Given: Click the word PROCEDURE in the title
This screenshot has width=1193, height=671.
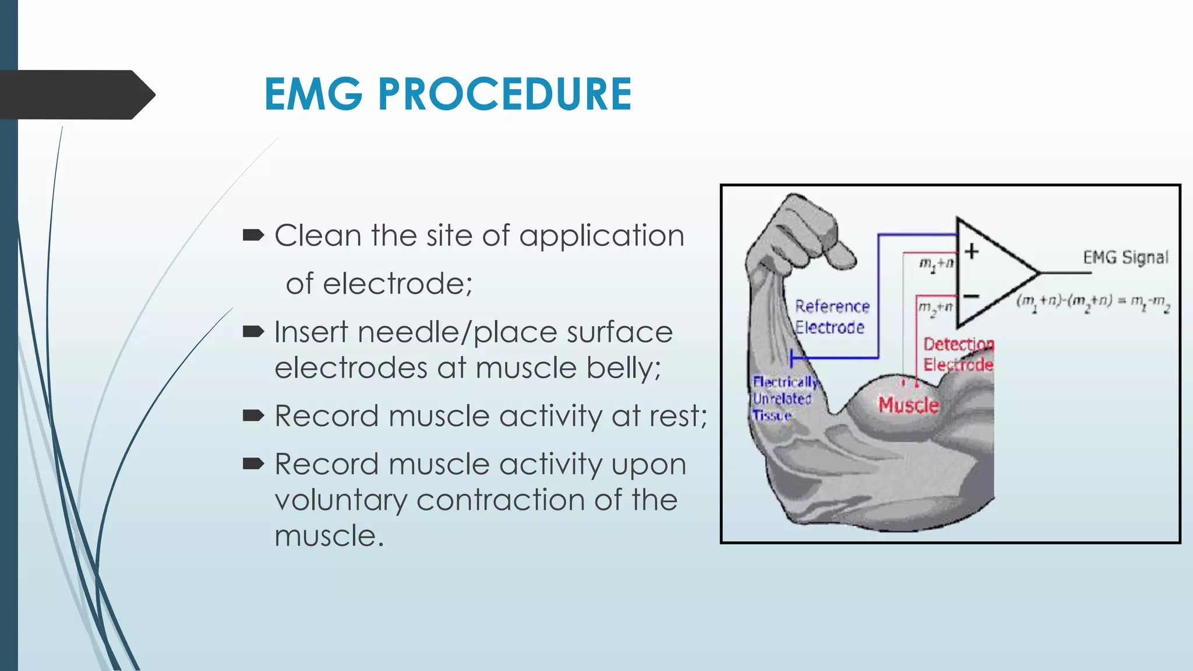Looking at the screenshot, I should coord(504,94).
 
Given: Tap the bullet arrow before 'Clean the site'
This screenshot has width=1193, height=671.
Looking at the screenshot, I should coord(253,235).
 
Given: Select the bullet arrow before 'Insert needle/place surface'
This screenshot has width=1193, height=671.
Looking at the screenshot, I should coord(253,332).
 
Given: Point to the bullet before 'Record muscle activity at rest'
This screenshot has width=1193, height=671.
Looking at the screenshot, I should coord(253,415).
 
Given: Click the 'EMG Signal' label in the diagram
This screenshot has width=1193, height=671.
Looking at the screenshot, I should coord(1125,257).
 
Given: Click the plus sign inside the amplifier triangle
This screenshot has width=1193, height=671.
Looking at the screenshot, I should coord(971,251).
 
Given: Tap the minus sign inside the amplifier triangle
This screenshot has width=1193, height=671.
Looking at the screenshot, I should coord(971,296).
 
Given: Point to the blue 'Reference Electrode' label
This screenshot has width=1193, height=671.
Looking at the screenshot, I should coord(831,317).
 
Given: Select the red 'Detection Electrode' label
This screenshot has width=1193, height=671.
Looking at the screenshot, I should coord(958,354).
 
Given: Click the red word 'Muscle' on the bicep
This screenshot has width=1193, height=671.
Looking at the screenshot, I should coord(908,404).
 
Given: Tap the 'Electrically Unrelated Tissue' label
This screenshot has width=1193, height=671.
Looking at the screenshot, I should coord(783,398).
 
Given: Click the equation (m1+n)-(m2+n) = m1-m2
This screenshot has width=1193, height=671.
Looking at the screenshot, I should coord(1093,302).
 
